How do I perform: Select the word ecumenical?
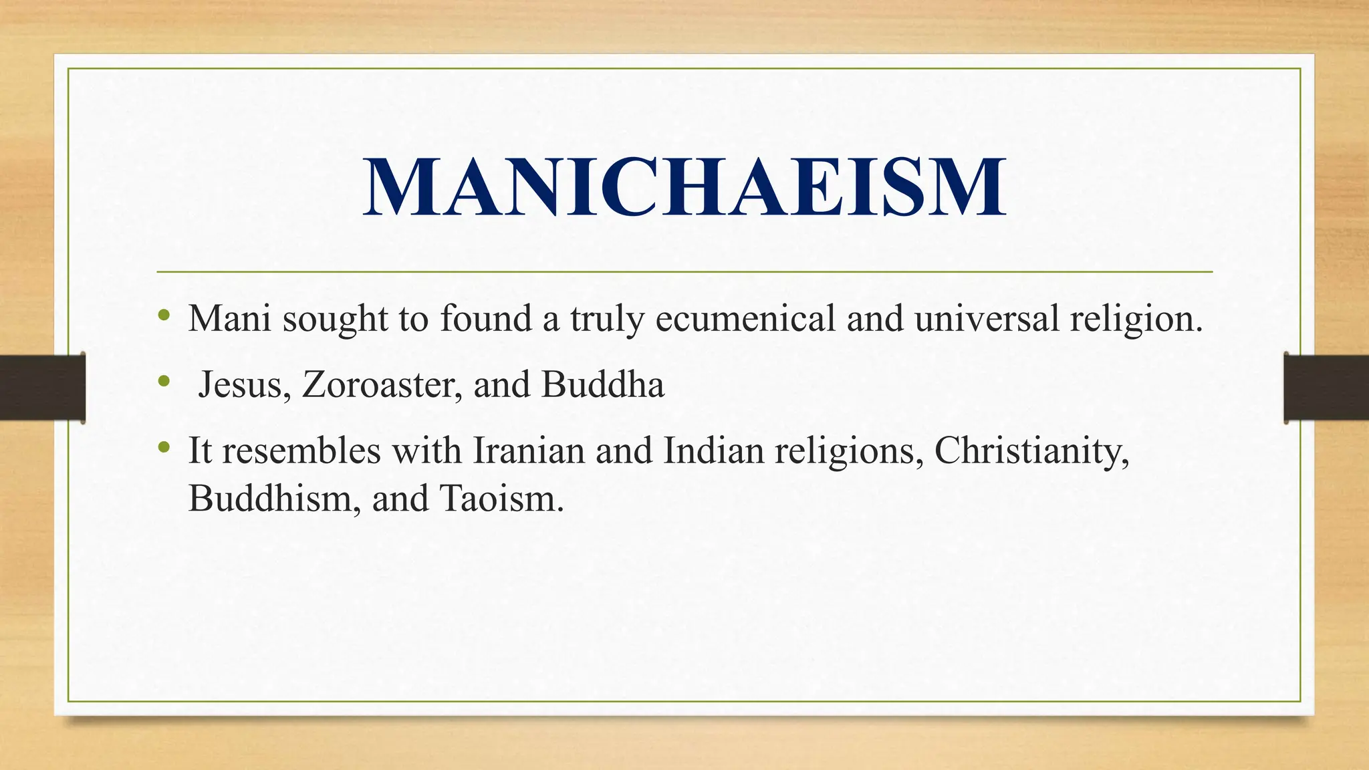coord(745,318)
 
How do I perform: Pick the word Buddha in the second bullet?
coord(602,385)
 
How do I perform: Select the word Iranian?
coord(529,451)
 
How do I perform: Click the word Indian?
coord(713,451)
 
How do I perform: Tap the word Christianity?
coord(1031,451)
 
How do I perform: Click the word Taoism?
coord(501,499)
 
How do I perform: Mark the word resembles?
coord(301,451)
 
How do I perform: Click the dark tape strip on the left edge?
coord(42,388)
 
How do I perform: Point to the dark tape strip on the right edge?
coord(1326,388)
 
